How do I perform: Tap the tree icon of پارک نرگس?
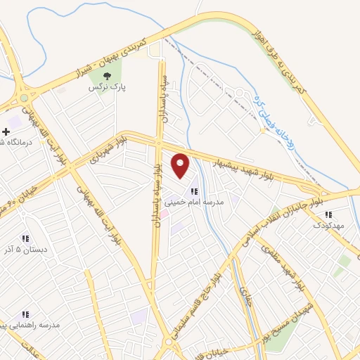click(x=107, y=76)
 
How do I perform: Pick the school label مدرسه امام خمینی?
click(x=194, y=201)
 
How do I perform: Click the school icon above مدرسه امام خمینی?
click(x=194, y=191)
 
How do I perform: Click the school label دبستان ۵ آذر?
click(x=26, y=250)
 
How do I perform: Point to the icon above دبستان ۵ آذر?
click(x=26, y=239)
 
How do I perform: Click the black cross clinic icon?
click(x=6, y=131)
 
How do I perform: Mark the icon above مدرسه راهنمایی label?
click(x=25, y=314)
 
